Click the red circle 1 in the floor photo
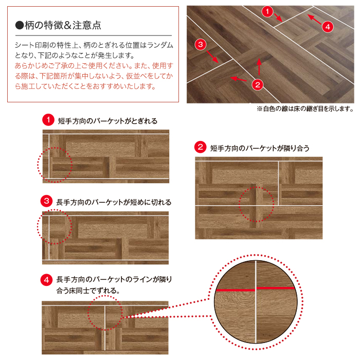(x=267, y=11)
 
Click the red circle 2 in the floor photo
(x=257, y=85)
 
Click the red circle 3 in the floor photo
(x=201, y=44)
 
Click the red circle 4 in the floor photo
(x=328, y=27)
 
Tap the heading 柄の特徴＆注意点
(x=63, y=25)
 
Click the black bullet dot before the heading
(x=20, y=25)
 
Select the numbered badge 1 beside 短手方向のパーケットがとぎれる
(x=48, y=120)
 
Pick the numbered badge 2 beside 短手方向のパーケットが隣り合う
(x=200, y=147)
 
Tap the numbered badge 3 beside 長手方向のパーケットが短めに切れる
(x=46, y=201)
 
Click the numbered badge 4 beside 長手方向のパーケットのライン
(x=46, y=280)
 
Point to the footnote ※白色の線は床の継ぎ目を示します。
(x=305, y=109)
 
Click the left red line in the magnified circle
(x=235, y=290)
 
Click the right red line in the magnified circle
(x=276, y=288)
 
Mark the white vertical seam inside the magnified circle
(x=256, y=302)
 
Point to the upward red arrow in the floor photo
(x=259, y=66)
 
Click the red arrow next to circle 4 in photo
(x=314, y=19)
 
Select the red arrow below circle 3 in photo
(x=212, y=57)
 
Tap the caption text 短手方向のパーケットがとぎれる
(x=107, y=121)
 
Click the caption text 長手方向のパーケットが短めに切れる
(x=114, y=202)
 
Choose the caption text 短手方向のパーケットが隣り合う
(x=260, y=148)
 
